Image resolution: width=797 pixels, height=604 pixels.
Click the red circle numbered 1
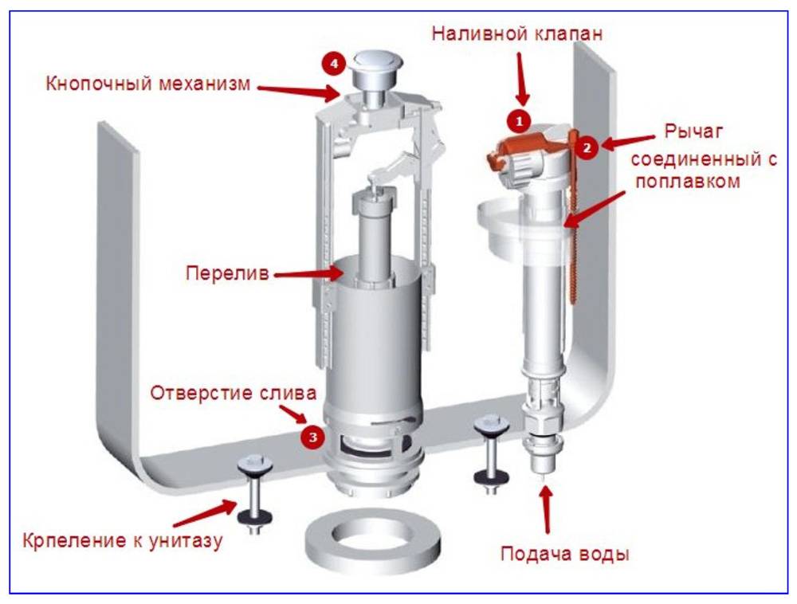[519, 120]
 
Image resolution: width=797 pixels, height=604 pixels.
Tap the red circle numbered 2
[587, 147]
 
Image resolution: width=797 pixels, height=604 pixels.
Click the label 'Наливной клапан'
[517, 34]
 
